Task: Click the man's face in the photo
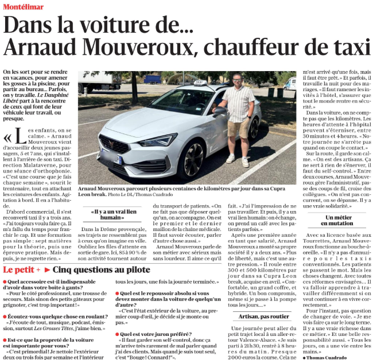(237, 80)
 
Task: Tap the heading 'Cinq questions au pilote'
(102, 270)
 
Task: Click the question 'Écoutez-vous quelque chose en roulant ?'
(50, 317)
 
